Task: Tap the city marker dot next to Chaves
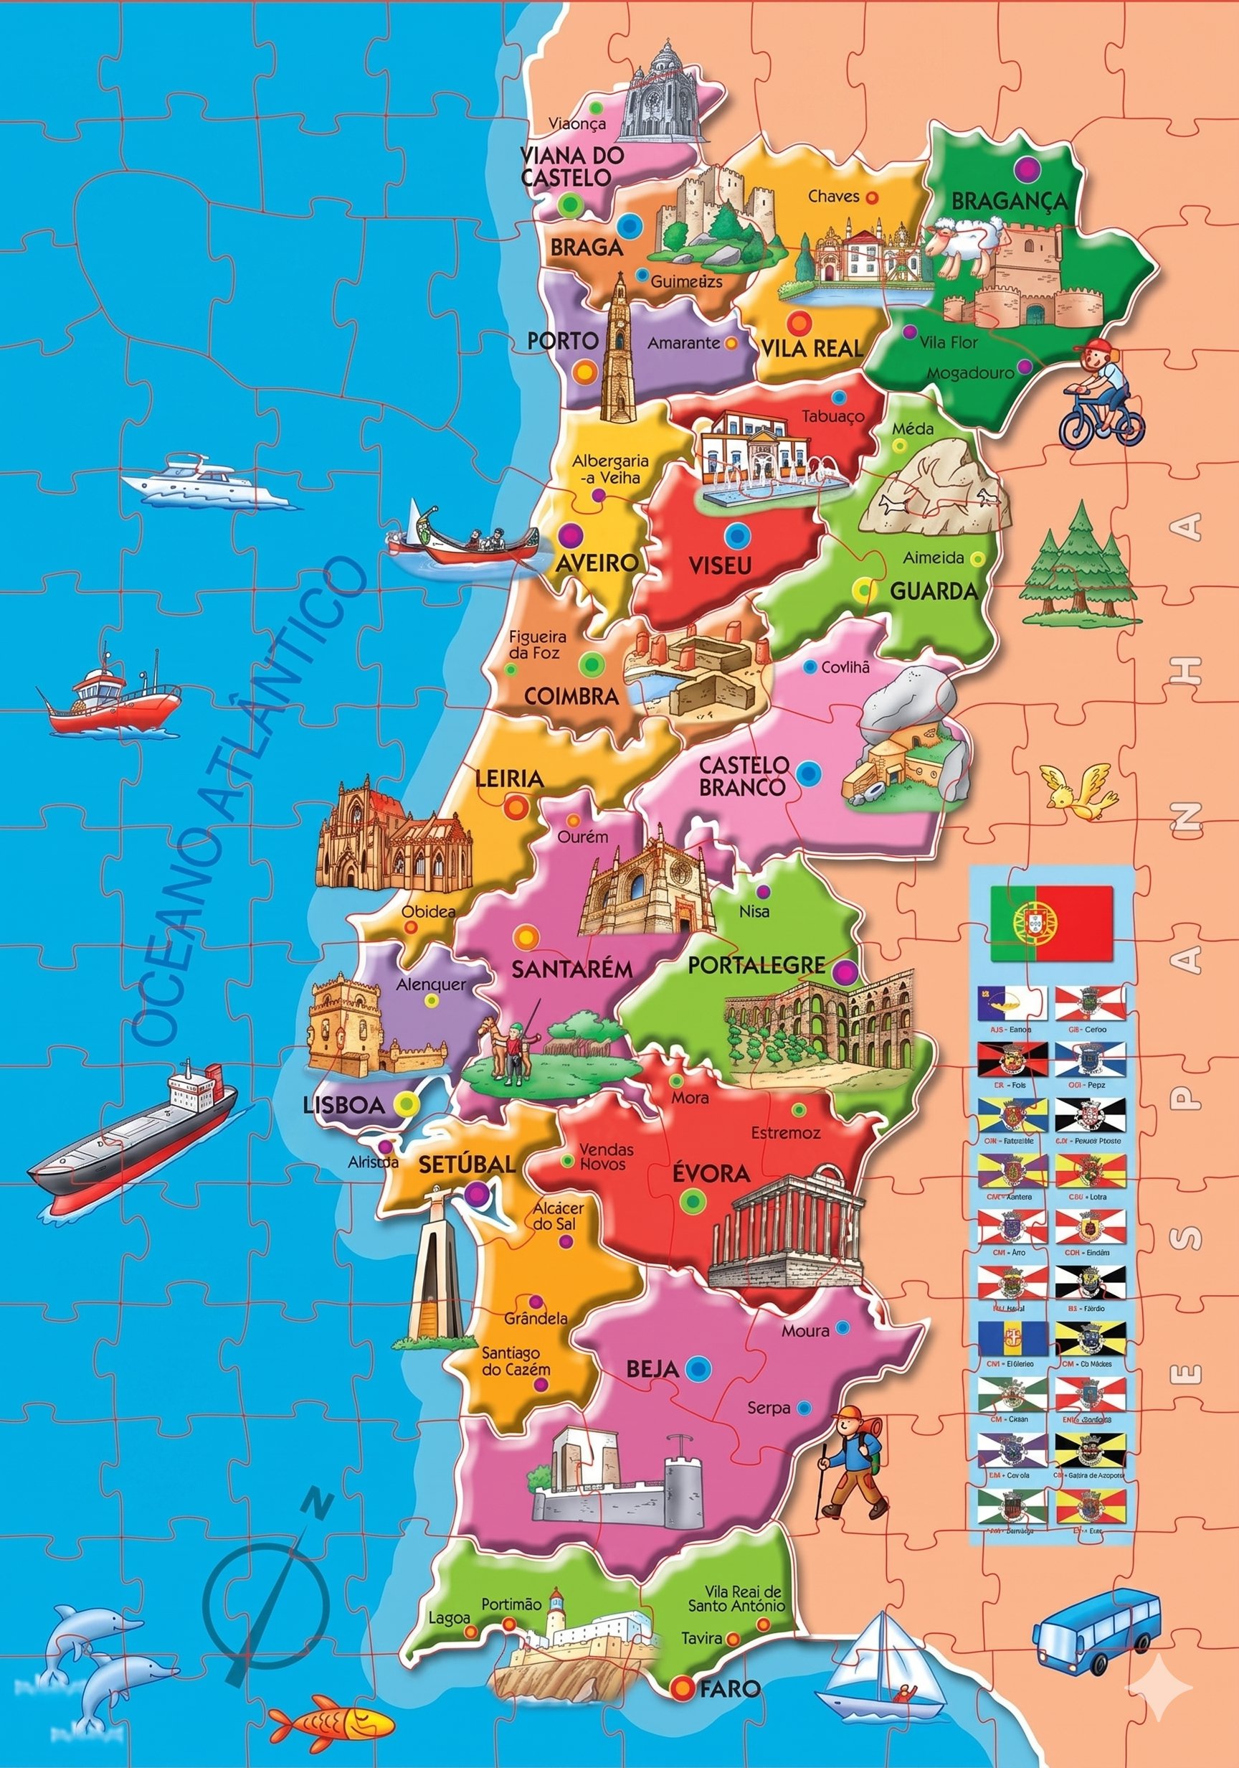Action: (871, 197)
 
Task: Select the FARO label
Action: (729, 1688)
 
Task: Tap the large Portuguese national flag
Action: (1051, 923)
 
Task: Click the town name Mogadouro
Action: (969, 373)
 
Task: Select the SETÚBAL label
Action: (466, 1165)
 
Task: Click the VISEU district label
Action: (720, 566)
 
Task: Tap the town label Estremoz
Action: (786, 1133)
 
